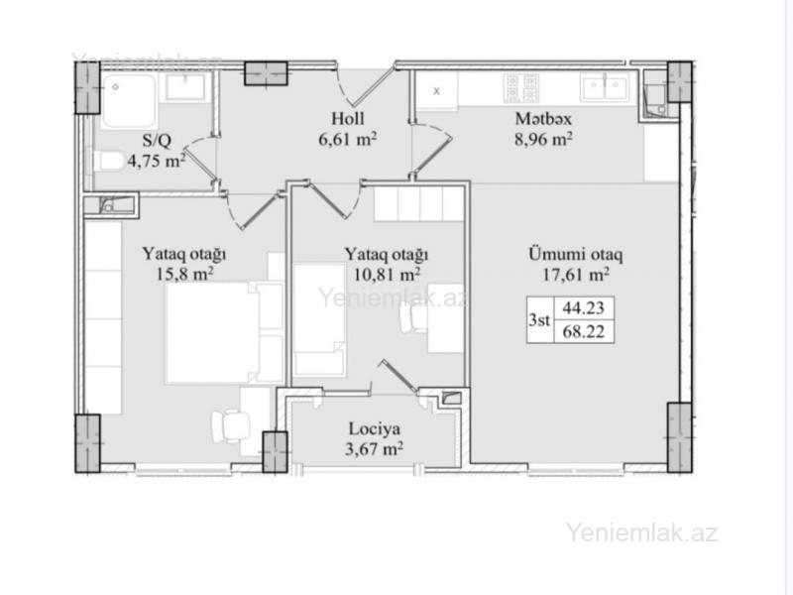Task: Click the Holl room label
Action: tap(348, 118)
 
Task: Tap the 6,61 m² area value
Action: tap(348, 139)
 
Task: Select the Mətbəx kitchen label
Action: tap(543, 118)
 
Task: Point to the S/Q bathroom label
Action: tap(157, 140)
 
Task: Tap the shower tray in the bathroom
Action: tap(130, 100)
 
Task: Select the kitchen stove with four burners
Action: tap(520, 88)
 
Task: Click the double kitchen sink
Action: tap(605, 87)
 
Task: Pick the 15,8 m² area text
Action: tap(184, 274)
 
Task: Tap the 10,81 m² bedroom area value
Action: tap(386, 274)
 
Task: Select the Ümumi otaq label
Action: tap(576, 254)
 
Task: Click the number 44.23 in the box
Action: tap(584, 307)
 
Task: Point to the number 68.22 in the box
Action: tap(584, 332)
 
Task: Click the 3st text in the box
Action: tap(539, 319)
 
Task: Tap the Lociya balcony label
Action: tap(375, 428)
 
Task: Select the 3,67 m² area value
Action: tap(375, 449)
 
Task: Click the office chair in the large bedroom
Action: tap(231, 425)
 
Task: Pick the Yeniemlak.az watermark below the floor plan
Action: tap(641, 533)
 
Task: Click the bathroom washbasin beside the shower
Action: tap(185, 86)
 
